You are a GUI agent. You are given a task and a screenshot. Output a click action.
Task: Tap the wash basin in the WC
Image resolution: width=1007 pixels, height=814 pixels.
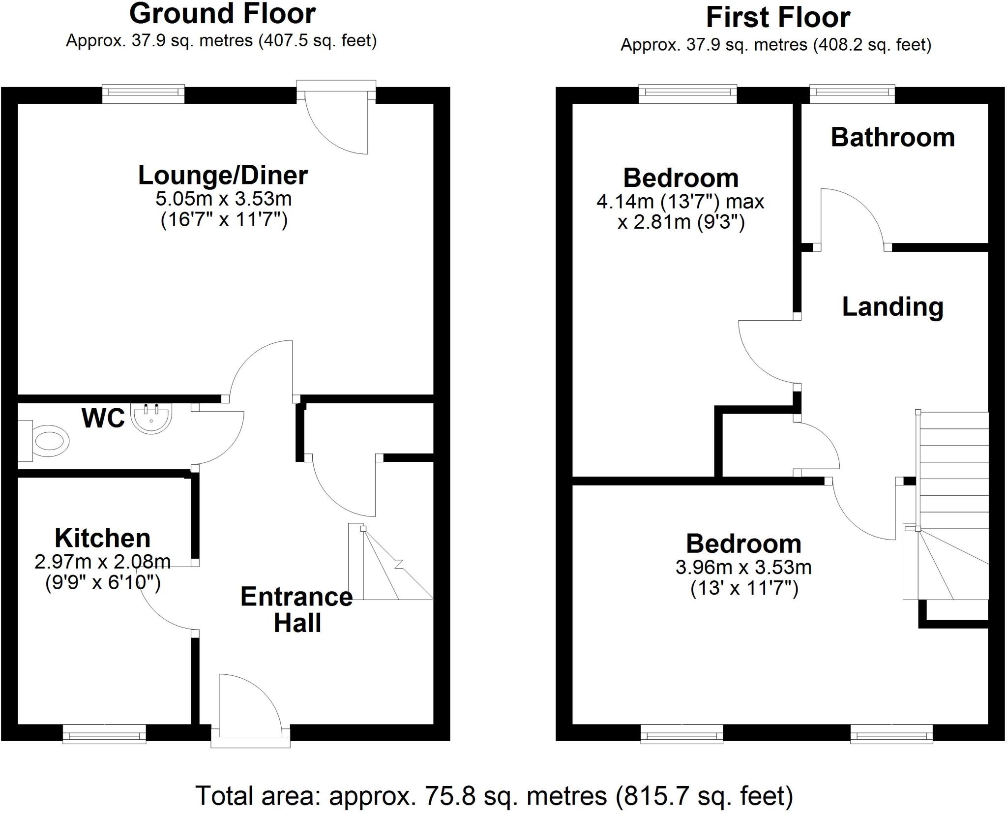[152, 419]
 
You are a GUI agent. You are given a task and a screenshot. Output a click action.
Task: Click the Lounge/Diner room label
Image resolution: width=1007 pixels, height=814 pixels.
[223, 176]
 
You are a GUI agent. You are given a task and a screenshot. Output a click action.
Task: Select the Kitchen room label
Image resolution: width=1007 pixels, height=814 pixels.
[102, 538]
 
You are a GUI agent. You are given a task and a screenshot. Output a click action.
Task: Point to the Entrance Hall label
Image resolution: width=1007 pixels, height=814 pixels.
[296, 610]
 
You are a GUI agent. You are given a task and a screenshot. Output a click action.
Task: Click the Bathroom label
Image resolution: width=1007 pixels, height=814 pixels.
[892, 137]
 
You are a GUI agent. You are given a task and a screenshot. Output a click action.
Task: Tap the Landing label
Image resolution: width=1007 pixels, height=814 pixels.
[892, 306]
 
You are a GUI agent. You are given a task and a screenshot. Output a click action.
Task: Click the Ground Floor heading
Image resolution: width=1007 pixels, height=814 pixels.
[222, 14]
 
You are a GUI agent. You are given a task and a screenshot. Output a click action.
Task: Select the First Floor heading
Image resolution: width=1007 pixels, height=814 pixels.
[777, 18]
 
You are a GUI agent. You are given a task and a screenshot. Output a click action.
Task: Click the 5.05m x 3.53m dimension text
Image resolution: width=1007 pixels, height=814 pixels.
[224, 199]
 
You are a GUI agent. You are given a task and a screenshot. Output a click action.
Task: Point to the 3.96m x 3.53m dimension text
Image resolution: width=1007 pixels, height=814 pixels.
[743, 568]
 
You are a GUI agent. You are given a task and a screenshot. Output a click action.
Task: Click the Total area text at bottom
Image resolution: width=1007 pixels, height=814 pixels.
[495, 796]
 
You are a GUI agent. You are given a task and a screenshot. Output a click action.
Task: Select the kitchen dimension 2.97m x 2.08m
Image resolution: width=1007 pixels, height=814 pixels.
[102, 562]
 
